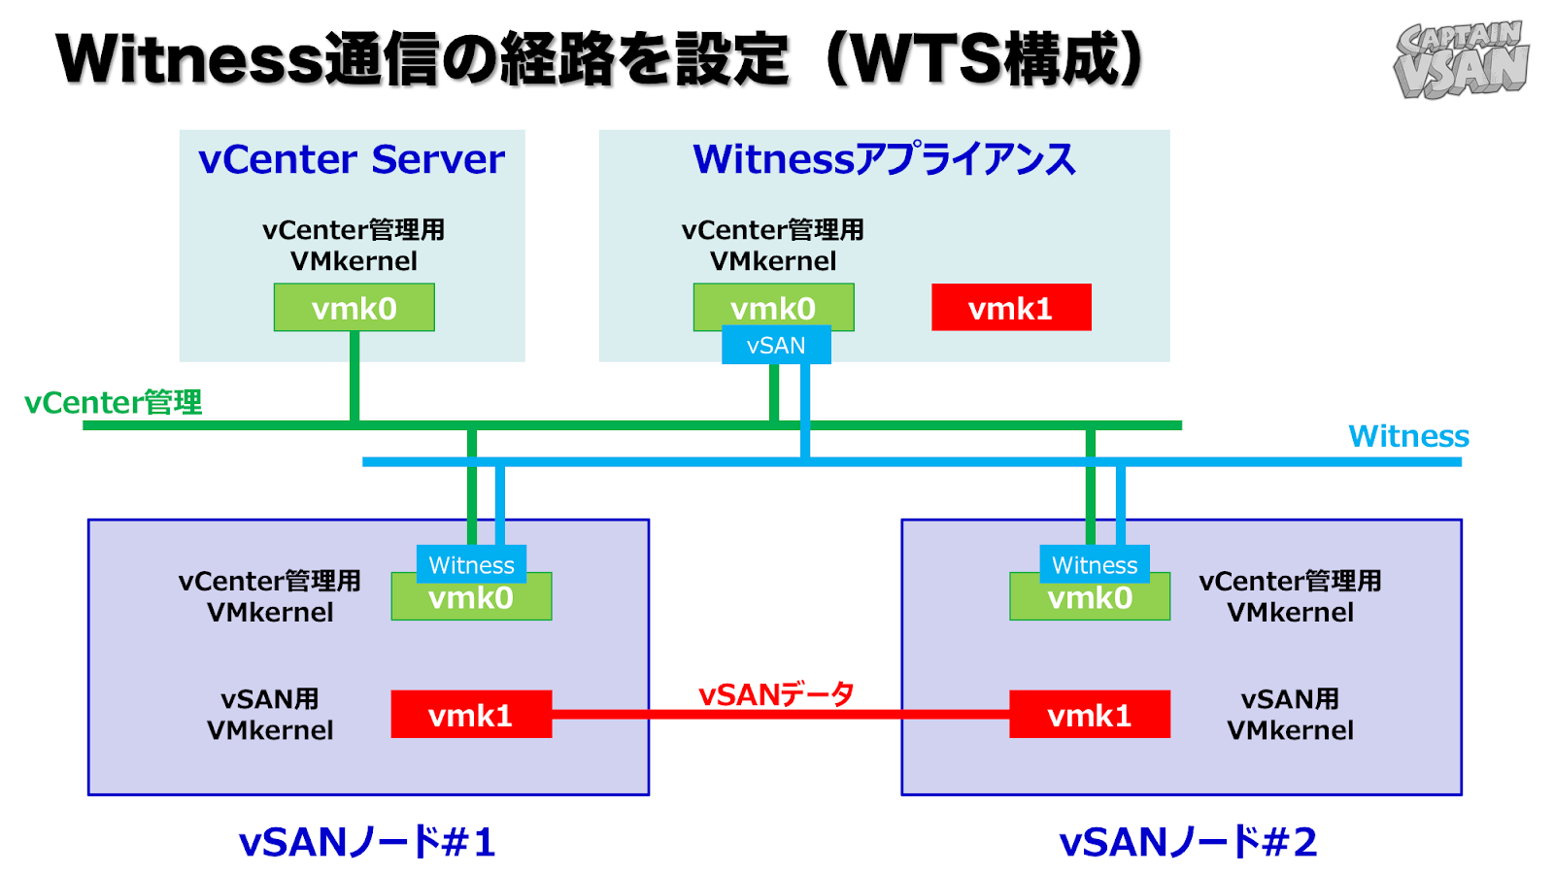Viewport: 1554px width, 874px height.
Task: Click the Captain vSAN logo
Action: (1461, 60)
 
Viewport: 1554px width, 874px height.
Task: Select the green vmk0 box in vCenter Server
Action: (354, 308)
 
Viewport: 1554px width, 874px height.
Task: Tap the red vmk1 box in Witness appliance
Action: (1011, 308)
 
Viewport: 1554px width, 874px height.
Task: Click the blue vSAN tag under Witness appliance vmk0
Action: (776, 346)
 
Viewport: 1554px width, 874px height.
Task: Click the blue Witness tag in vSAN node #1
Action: (471, 564)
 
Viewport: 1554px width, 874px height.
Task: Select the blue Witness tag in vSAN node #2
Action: (1095, 564)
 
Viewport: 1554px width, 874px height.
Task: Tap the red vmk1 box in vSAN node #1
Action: (471, 715)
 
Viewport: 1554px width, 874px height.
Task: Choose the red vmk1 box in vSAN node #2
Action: (1090, 715)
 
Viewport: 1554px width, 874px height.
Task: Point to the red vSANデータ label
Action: (776, 694)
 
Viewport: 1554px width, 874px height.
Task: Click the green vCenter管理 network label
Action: (113, 402)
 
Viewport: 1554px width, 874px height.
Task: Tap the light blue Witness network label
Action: (1408, 436)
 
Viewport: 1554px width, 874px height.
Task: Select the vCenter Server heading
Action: (352, 159)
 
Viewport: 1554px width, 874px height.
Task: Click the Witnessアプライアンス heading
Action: (884, 159)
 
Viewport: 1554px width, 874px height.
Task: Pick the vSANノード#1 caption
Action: (367, 842)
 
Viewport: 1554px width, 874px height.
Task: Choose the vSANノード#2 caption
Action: (1188, 842)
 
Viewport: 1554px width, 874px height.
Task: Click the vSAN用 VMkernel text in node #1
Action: (270, 715)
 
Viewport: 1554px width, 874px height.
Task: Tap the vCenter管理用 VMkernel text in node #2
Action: (1290, 596)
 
